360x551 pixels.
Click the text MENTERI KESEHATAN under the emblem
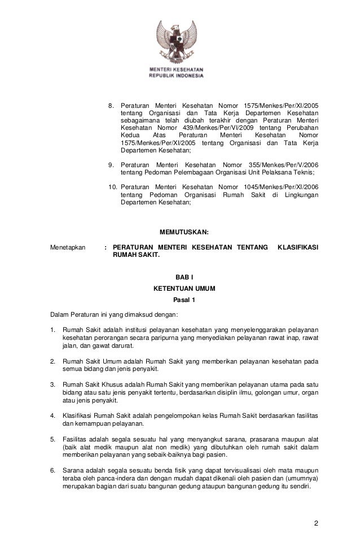point(176,69)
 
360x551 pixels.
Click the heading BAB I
point(184,276)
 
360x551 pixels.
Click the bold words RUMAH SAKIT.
point(137,255)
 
